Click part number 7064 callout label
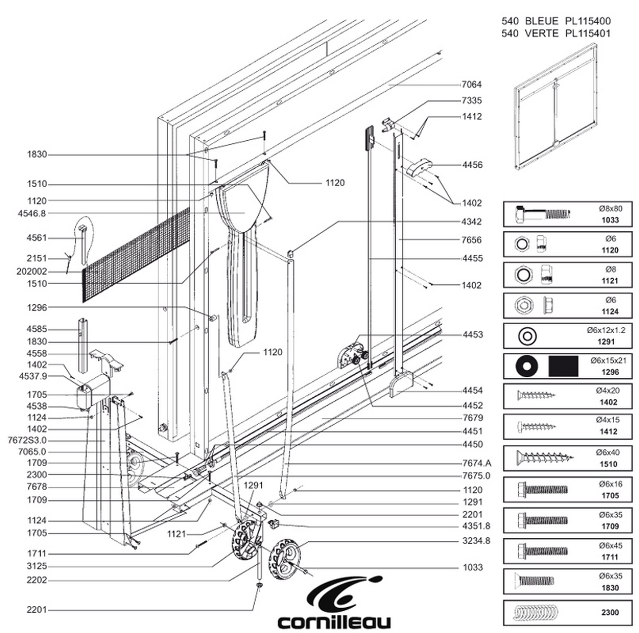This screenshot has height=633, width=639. (x=472, y=85)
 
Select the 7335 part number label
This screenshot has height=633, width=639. (x=472, y=101)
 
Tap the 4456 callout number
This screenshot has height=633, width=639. (x=472, y=165)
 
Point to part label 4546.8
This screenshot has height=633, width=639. (x=32, y=214)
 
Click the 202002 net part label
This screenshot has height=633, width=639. (x=32, y=272)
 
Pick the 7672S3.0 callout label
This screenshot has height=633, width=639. (x=27, y=441)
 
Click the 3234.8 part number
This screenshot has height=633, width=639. (x=476, y=541)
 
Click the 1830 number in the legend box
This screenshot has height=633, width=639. (x=610, y=588)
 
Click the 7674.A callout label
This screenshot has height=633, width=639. (x=476, y=463)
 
